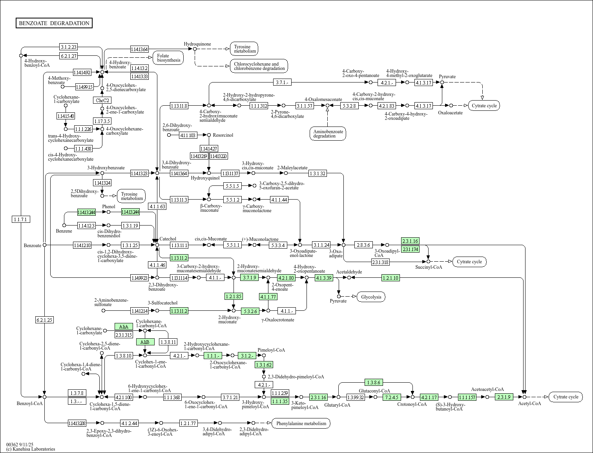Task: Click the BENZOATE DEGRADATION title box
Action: coord(54,23)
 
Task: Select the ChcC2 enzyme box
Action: coord(102,100)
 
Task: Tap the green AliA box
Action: coord(124,326)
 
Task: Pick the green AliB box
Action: coord(145,342)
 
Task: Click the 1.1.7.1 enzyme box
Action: coord(21,219)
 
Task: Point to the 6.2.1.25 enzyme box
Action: coord(44,320)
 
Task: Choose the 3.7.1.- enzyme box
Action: coord(282,82)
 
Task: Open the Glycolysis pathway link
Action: coord(371,297)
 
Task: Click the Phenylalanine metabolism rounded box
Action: coord(301,423)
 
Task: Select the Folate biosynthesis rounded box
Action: coord(168,58)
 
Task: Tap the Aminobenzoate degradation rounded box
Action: coord(327,134)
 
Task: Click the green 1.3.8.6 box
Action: coord(374,382)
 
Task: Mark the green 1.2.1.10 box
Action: coord(390,278)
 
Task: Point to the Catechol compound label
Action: coord(168,239)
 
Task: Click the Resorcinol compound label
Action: coord(223,135)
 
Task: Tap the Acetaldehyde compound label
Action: coord(349,271)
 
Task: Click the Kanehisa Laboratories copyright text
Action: coord(31,449)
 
